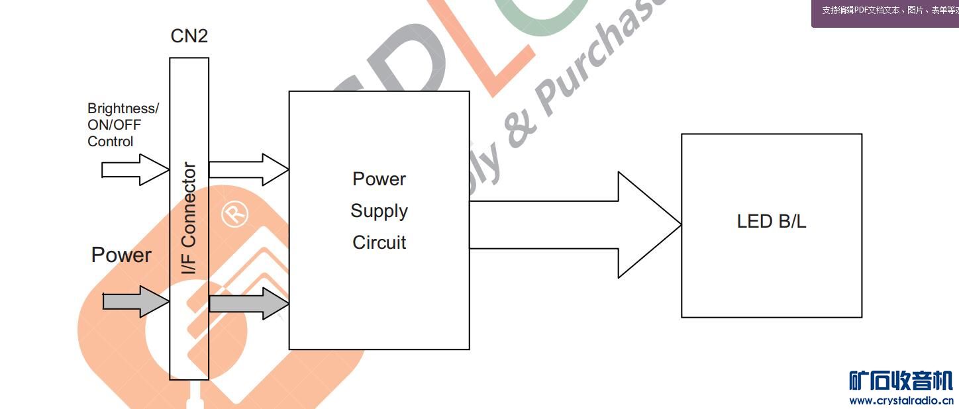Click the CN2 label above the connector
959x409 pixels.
pyautogui.click(x=189, y=36)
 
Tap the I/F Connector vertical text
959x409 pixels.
pyautogui.click(x=189, y=218)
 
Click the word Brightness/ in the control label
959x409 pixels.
pyautogui.click(x=123, y=109)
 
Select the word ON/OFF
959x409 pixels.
pyautogui.click(x=115, y=125)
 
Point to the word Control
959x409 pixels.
pyautogui.click(x=111, y=142)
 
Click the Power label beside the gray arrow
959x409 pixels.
pyautogui.click(x=121, y=255)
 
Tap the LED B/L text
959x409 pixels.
pyautogui.click(x=772, y=222)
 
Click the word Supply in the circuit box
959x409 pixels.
pyautogui.click(x=379, y=211)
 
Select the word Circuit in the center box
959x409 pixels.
pyautogui.click(x=379, y=243)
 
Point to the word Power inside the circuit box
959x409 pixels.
pyautogui.click(x=379, y=179)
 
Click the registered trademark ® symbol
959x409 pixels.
pyautogui.click(x=234, y=214)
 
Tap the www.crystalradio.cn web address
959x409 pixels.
pyautogui.click(x=901, y=400)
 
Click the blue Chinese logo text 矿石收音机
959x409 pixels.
pyautogui.click(x=901, y=381)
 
